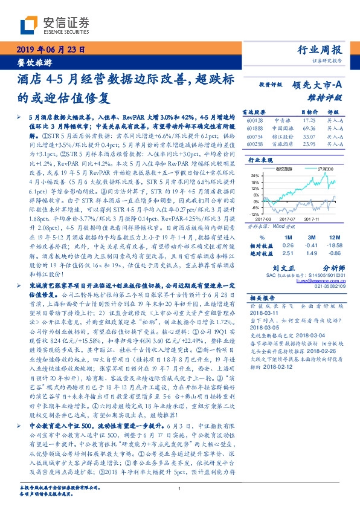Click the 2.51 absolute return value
288,253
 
